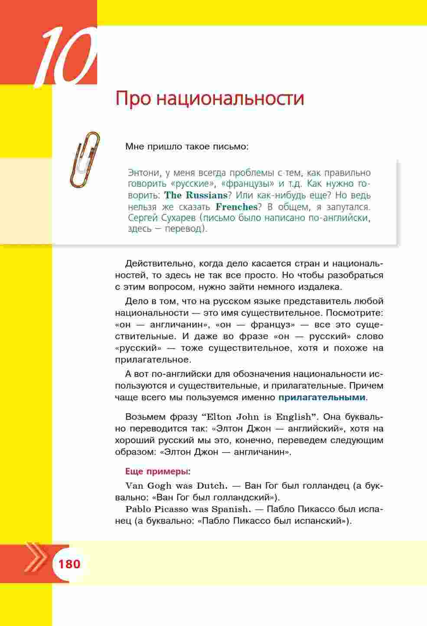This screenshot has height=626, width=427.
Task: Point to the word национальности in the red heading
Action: [x=230, y=98]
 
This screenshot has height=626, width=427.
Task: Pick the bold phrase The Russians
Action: [x=196, y=195]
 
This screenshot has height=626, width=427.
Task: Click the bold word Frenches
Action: [x=236, y=207]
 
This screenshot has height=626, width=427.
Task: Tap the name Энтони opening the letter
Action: [x=144, y=173]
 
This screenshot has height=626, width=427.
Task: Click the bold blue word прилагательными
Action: [x=322, y=397]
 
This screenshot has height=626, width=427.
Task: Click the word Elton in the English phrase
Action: [x=220, y=417]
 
